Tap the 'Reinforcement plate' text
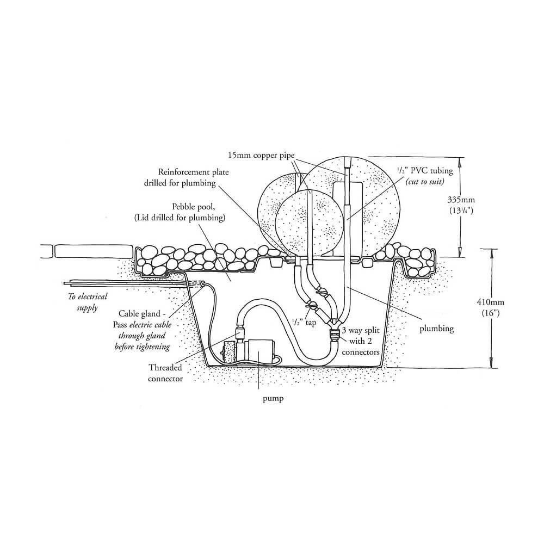[x=194, y=172]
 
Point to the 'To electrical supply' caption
[x=88, y=302]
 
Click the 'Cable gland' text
[x=139, y=314]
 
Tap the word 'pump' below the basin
[x=273, y=399]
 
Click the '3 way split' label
[x=361, y=330]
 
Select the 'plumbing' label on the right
[x=437, y=329]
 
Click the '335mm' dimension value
[x=461, y=200]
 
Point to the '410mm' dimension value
[x=491, y=302]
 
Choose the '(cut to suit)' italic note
[x=425, y=182]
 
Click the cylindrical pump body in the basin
[x=259, y=352]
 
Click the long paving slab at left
[x=94, y=251]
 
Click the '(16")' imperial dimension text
[x=491, y=313]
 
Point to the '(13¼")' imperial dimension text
[x=461, y=211]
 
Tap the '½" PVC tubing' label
[x=425, y=171]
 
